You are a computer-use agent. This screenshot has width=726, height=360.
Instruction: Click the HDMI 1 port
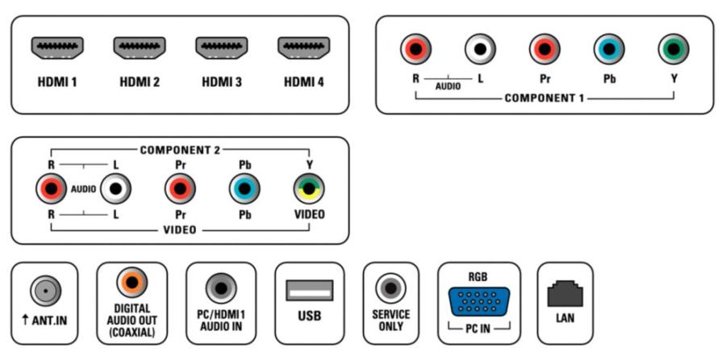click(57, 48)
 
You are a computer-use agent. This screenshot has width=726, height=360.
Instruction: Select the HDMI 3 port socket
click(222, 48)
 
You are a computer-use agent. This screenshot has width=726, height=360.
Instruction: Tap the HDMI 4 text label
click(304, 82)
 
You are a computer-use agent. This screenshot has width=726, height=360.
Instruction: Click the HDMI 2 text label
click(140, 82)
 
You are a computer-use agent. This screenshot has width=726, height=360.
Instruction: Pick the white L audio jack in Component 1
click(480, 48)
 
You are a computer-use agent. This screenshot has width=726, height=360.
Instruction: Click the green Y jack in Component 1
click(674, 48)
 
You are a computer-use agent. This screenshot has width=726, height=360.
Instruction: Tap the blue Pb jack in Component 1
click(609, 48)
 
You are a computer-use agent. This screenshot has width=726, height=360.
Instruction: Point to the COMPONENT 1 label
click(544, 98)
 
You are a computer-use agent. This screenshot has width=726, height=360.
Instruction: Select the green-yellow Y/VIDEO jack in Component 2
click(309, 189)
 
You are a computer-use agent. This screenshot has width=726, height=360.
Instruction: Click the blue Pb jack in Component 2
click(244, 189)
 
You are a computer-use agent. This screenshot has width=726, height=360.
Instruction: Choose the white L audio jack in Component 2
click(115, 189)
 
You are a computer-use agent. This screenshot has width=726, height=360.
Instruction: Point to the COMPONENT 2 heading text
click(180, 150)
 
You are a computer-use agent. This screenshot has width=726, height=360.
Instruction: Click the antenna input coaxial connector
click(45, 291)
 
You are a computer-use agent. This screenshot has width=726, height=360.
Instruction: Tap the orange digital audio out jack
click(132, 283)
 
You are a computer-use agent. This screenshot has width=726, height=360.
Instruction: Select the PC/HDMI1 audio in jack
click(221, 288)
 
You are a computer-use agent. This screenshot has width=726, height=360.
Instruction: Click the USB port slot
click(310, 290)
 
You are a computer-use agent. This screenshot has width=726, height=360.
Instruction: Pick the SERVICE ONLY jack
click(390, 288)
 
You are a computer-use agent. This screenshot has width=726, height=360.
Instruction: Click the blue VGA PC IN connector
click(479, 302)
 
